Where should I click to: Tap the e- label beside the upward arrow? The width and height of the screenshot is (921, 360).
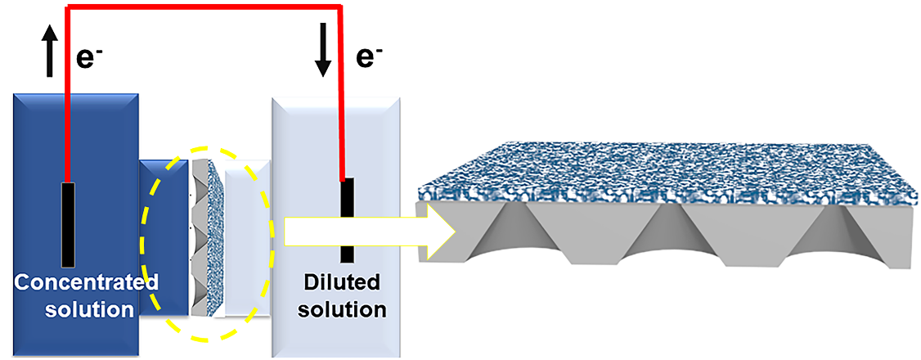coord(88,57)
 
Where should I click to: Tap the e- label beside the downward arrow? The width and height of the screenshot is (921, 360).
coord(370,57)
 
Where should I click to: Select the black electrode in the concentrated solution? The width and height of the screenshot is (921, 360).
coord(69,223)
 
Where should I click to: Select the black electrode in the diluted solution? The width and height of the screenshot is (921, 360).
coord(348,219)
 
